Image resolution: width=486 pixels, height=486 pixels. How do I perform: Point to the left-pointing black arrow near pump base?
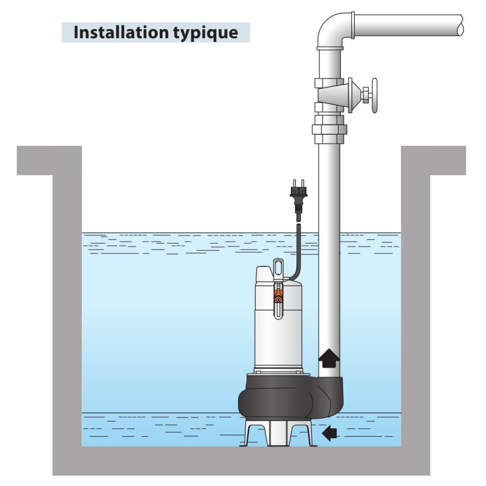(329, 433)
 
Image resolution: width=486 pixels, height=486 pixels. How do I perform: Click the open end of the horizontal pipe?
(461, 26)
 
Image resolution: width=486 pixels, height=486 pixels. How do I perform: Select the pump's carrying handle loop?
(278, 267)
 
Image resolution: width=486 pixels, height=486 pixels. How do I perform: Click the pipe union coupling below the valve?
(329, 129)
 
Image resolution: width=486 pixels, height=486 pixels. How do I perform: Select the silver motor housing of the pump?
(278, 334)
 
